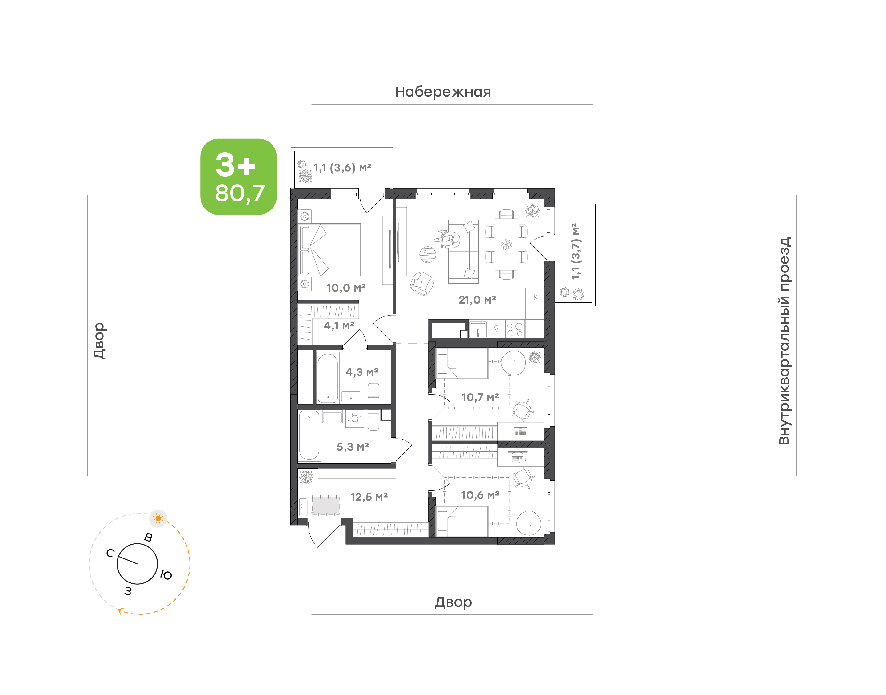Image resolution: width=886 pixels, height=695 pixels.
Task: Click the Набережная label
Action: [x=443, y=92]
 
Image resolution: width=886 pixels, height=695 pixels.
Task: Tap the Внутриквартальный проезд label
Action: [x=784, y=341]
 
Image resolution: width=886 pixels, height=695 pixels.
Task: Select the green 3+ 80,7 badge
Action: [x=238, y=177]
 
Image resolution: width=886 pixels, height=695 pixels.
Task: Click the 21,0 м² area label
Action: [x=477, y=300]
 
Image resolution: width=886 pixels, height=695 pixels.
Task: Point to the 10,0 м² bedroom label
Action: [x=346, y=288]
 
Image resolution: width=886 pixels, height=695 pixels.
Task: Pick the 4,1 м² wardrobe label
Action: [x=339, y=326]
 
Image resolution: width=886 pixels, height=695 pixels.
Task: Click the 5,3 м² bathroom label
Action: [x=353, y=447]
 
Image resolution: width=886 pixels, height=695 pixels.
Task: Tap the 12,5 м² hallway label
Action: [x=369, y=497]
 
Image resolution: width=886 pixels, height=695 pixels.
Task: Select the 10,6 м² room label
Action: [x=480, y=495]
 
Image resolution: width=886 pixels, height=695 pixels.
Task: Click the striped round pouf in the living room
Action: [x=428, y=255]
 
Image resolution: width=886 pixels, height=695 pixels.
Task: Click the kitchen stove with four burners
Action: [x=515, y=329]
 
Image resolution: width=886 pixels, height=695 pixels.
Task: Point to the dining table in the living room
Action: [x=506, y=244]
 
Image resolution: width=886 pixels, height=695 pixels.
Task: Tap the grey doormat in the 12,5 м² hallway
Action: [x=325, y=505]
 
